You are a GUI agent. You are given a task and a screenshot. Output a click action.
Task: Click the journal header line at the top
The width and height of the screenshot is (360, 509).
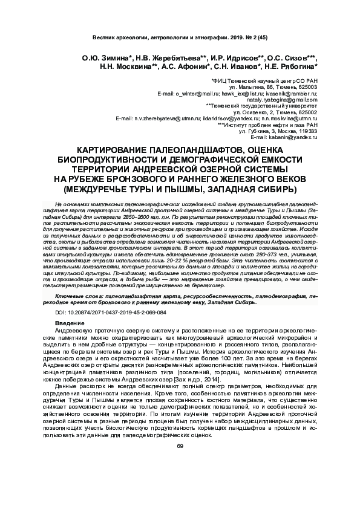pyautogui.click(x=179, y=37)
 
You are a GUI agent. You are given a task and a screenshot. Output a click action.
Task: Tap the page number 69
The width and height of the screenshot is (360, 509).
pyautogui.click(x=180, y=447)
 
